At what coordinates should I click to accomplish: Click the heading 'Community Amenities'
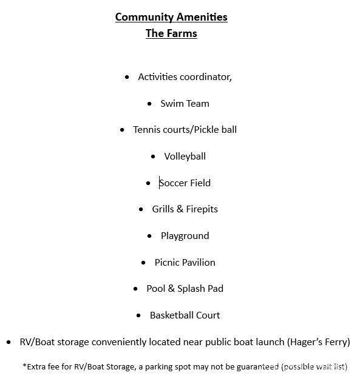[171, 17]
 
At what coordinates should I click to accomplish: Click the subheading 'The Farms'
[171, 33]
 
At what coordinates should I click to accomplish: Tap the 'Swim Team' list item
[185, 104]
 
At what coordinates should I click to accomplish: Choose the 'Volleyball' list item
[185, 157]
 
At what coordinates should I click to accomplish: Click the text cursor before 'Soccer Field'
[160, 183]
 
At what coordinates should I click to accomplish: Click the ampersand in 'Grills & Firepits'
[180, 209]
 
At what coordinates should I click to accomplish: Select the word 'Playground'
[185, 236]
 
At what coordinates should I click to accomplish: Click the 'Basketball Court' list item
[185, 315]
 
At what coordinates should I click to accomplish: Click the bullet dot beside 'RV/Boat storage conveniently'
[8, 342]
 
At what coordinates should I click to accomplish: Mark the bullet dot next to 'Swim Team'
[149, 104]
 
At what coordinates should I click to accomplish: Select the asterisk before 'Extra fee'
[24, 366]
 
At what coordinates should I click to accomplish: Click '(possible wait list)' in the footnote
[314, 367]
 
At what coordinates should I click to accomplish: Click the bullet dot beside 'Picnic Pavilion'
[143, 263]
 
